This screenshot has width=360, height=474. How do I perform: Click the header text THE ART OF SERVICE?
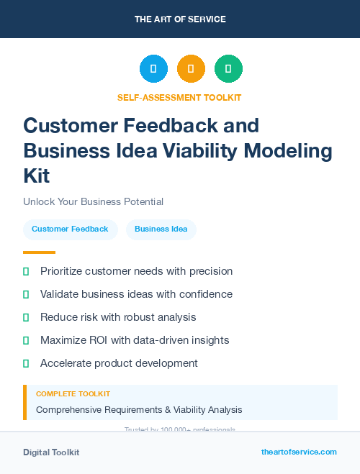click(180, 19)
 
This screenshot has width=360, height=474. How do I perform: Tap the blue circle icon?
click(153, 69)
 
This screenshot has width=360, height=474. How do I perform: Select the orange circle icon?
click(191, 69)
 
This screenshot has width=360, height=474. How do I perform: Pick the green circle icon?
click(228, 69)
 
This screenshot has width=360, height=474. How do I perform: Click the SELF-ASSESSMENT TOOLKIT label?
click(179, 98)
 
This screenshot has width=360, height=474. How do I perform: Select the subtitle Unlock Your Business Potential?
click(93, 202)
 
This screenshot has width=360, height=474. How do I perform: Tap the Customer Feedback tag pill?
click(70, 229)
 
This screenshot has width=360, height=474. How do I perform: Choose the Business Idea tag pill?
click(161, 229)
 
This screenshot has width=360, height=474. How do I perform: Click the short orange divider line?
click(39, 252)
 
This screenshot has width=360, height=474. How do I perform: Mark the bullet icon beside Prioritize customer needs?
click(26, 272)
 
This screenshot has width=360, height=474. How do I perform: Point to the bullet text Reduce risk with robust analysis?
click(118, 317)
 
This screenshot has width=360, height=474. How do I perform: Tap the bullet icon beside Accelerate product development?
click(26, 363)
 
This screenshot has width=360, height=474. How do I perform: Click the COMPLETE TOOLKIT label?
click(73, 394)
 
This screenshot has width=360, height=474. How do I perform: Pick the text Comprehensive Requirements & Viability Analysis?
click(139, 410)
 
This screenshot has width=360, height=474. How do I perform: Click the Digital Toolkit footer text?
click(51, 452)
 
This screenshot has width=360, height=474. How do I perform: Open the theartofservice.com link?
click(299, 452)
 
